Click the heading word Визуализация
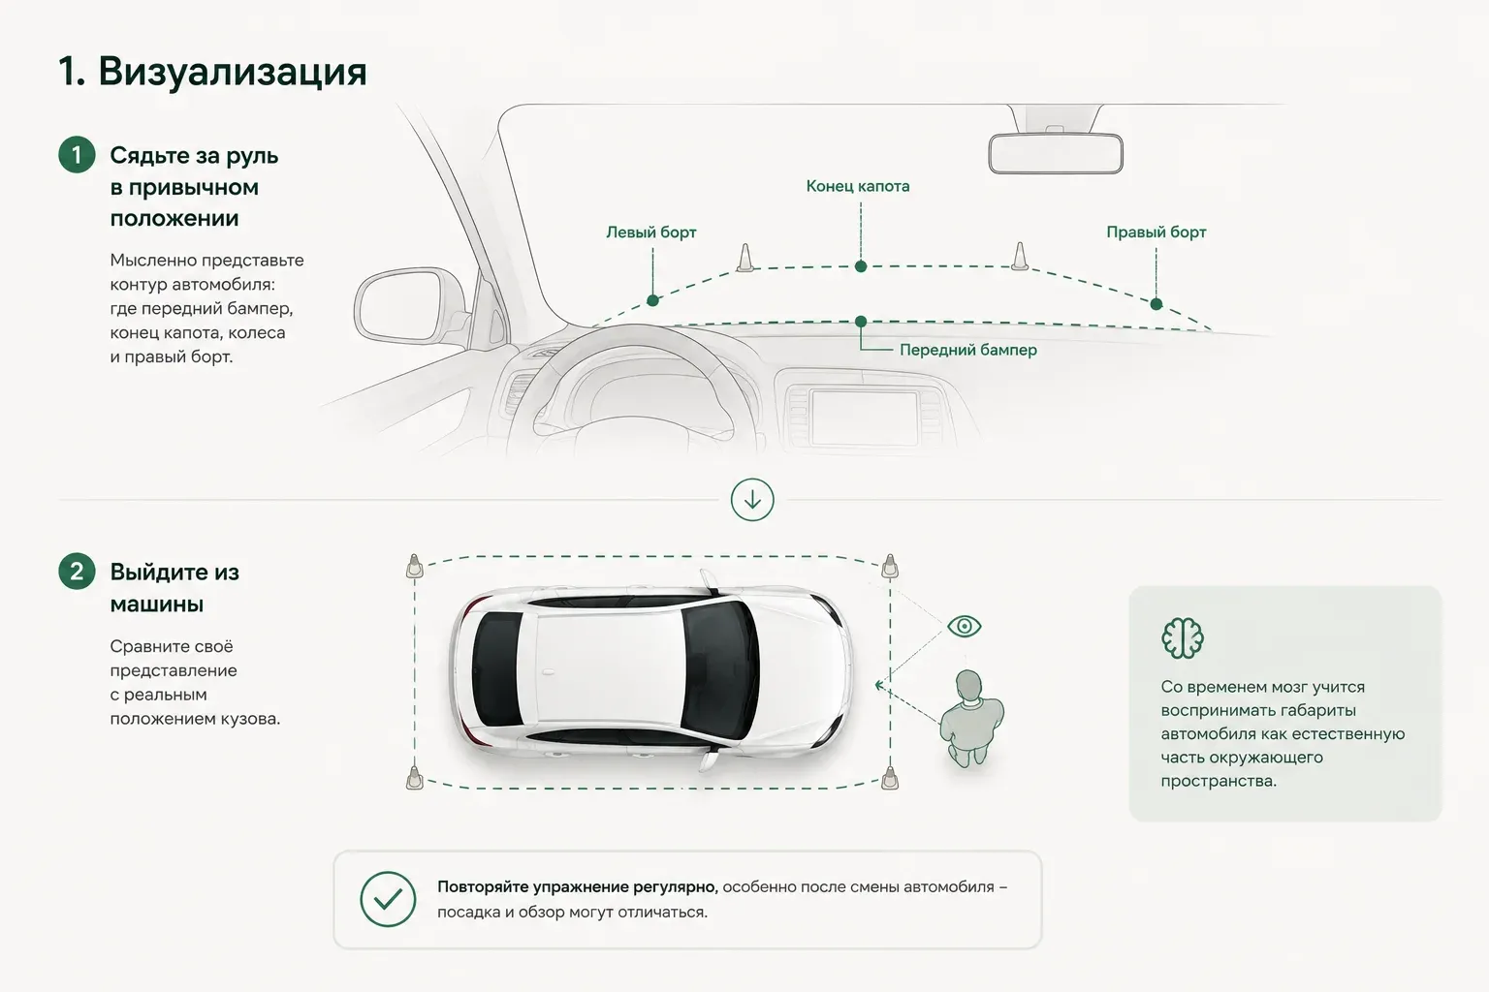tap(233, 72)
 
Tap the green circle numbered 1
tap(77, 155)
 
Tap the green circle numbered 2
tap(77, 572)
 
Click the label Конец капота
tap(858, 186)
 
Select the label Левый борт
tap(650, 232)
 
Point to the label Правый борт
tap(1156, 232)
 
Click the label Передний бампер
tap(967, 350)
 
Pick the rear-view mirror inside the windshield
tap(1056, 153)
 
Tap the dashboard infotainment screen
tap(864, 418)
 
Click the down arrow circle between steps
tap(752, 500)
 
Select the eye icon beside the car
tap(965, 626)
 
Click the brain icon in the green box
tap(1183, 637)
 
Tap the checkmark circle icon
tap(388, 899)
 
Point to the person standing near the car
tap(971, 718)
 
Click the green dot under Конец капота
tap(861, 266)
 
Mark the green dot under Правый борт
tap(1156, 304)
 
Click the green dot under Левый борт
tap(652, 300)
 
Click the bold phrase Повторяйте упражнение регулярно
tap(577, 887)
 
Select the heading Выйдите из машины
tap(174, 588)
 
